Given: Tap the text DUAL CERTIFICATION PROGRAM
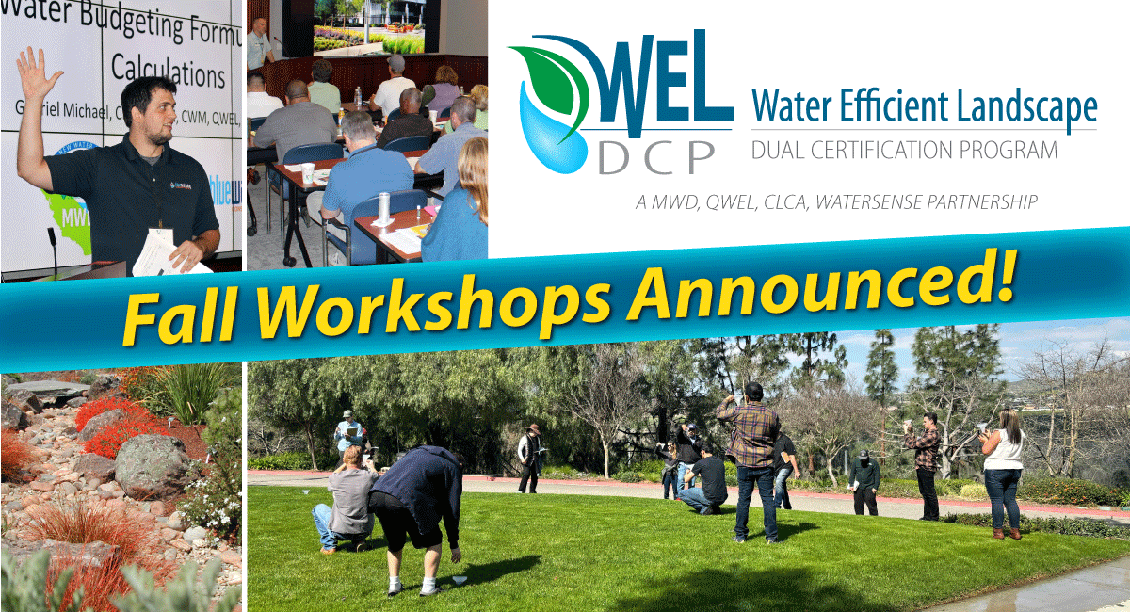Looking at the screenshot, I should tap(904, 150).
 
